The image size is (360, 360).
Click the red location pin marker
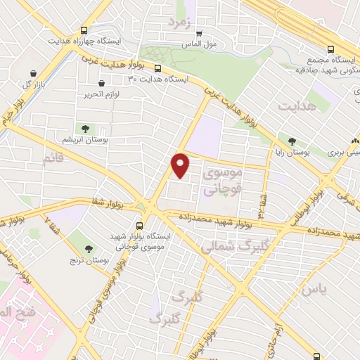[x=181, y=165]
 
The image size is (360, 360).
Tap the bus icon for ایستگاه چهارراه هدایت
[x=84, y=30]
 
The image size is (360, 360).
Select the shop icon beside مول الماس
[x=199, y=32]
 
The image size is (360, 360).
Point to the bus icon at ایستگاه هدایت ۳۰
[x=157, y=69]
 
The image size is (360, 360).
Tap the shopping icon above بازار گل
[x=33, y=72]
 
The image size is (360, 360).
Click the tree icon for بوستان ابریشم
[x=85, y=129]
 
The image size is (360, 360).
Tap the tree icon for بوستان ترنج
[x=89, y=248]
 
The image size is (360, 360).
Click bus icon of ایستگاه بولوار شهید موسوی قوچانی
[x=139, y=226]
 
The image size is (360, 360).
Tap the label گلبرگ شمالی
[x=229, y=247]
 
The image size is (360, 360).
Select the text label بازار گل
[x=37, y=84]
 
